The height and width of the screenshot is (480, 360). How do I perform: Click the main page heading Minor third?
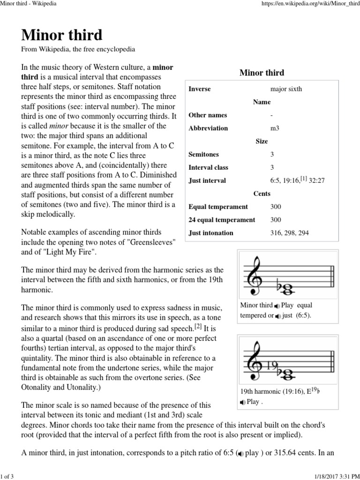pos(62,35)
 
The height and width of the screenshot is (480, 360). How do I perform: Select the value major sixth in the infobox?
pos(286,89)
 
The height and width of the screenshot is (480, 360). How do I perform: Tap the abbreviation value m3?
pos(275,128)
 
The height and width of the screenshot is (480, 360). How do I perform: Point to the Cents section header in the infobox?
pos(262,193)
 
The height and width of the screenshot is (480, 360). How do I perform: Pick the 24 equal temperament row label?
pos(222,219)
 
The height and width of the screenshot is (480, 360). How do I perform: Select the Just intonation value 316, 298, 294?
pos(289,232)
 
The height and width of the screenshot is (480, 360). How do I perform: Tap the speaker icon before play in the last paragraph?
pos(240,454)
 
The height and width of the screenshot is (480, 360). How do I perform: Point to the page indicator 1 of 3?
pos(8,476)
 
